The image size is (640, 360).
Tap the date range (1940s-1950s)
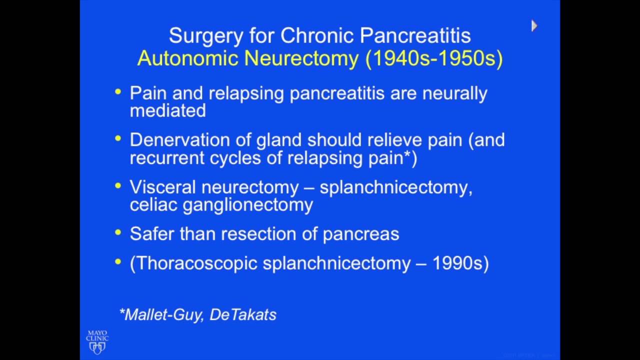pos(434,58)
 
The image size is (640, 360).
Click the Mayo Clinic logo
pos(97,342)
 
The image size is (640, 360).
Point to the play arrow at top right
pos(534,26)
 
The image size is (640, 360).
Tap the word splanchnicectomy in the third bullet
pos(395,187)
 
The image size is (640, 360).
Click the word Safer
pos(152,233)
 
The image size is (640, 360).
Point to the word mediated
pos(167,110)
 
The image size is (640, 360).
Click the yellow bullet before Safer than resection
pos(118,232)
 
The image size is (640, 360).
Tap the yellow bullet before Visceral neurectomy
pos(118,186)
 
